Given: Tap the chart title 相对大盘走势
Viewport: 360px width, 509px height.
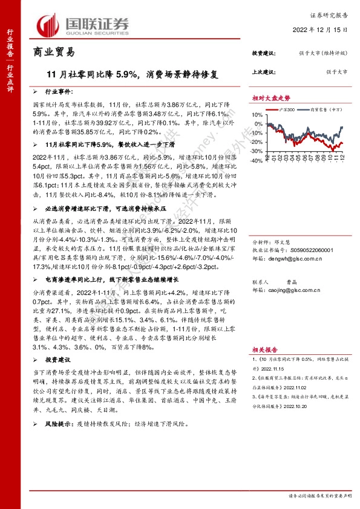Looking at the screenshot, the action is click(271, 98).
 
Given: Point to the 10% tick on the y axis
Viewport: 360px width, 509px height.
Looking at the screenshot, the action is click(258, 118).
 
